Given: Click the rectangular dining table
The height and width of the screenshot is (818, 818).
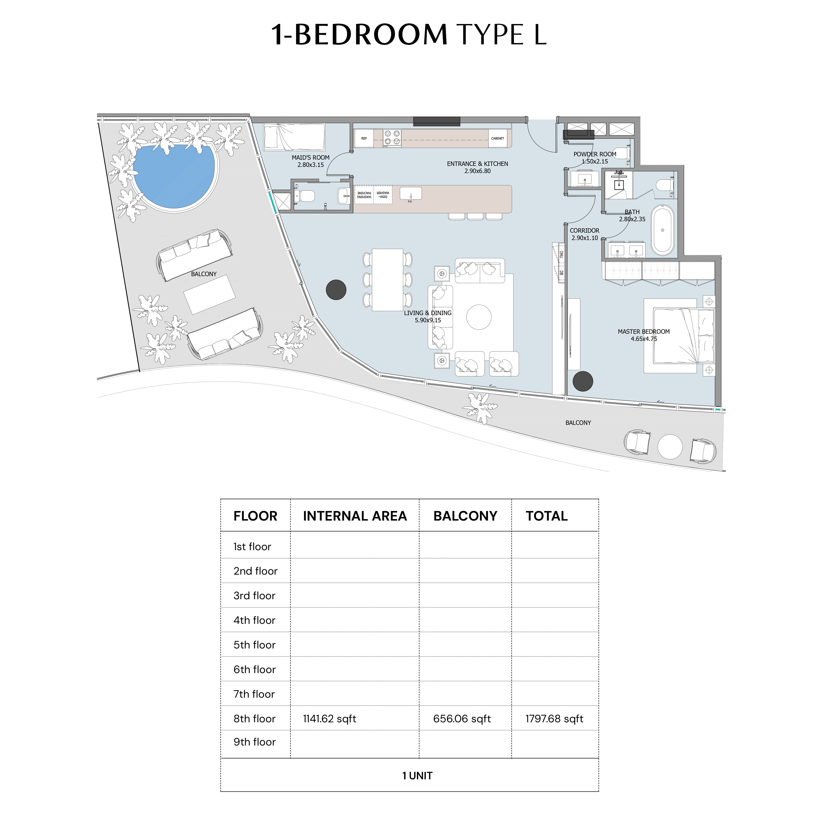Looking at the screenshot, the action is point(387,280).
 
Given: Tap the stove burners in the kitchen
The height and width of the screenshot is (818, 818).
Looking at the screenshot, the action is point(392,138).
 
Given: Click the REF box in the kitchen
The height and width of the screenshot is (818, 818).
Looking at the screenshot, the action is point(364,138).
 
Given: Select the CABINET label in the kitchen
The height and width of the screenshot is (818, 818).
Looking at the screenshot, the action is point(498,138).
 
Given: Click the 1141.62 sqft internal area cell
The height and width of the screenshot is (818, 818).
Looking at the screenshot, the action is point(329,718).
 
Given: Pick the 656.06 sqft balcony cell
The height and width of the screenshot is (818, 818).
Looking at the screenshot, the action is point(462,718).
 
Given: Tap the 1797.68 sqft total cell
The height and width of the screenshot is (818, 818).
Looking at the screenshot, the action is point(554,718).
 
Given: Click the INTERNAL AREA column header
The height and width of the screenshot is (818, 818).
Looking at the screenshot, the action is point(355,516).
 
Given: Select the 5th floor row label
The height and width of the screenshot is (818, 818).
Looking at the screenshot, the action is point(255,645).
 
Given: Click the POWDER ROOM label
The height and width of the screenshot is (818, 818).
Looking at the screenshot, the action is point(595,154).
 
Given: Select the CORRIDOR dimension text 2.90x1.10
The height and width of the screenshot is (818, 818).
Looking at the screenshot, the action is point(585,238).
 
